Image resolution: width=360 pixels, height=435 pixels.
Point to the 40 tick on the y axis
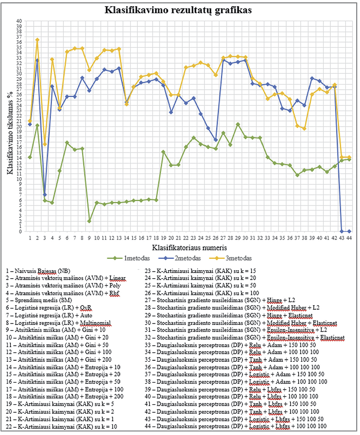tap(19, 21)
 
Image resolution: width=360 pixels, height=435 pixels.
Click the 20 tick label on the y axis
tap(19, 126)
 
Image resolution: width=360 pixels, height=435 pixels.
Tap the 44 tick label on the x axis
tap(349, 238)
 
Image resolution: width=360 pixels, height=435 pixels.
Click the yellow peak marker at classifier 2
tap(37, 40)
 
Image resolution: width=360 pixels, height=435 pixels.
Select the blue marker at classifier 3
tap(45, 195)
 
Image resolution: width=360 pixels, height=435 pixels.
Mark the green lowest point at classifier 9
tap(89, 221)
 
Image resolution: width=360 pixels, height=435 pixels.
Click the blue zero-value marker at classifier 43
tap(342, 231)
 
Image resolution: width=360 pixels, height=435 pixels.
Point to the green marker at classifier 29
tap(238, 124)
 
